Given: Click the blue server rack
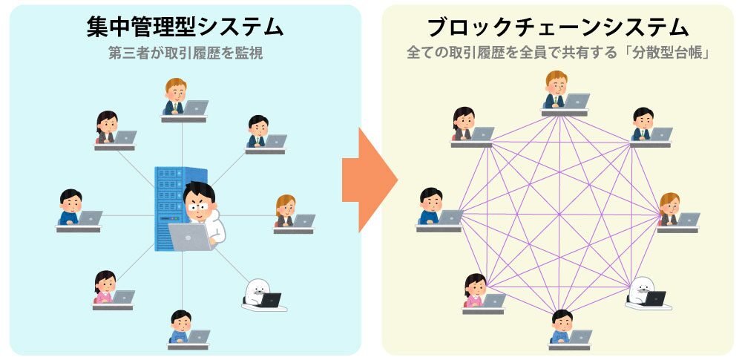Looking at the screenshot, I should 168,208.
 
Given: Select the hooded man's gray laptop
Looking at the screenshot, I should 190,237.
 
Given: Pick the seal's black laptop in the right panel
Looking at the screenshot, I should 654,298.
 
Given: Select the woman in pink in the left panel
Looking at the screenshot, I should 105,287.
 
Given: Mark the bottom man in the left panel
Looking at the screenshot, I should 180,325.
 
